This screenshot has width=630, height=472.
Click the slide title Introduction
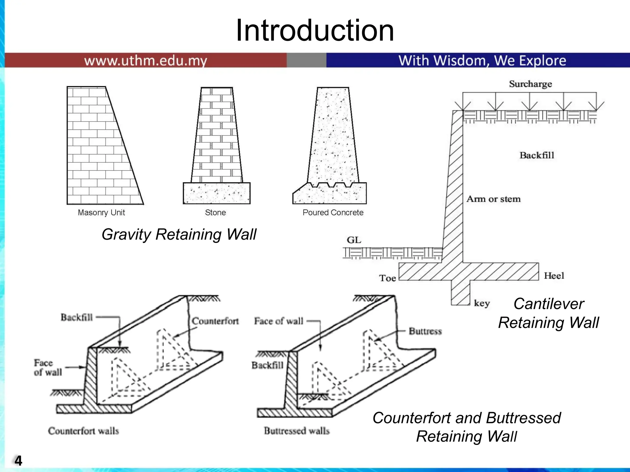click(x=314, y=30)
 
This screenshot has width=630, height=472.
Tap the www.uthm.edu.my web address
click(x=146, y=61)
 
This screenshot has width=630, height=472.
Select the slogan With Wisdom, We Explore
click(x=482, y=61)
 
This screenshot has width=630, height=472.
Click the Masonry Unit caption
click(x=101, y=213)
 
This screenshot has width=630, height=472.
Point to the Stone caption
click(x=215, y=213)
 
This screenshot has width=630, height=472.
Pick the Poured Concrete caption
click(x=333, y=213)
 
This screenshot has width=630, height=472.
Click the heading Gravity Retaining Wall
click(x=179, y=234)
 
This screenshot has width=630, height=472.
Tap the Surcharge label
click(x=530, y=84)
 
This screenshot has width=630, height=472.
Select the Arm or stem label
click(x=493, y=199)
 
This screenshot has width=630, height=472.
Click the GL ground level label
click(x=354, y=240)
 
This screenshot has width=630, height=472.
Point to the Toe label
click(x=387, y=278)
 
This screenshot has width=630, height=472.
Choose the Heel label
click(x=554, y=276)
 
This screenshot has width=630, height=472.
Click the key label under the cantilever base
click(x=481, y=303)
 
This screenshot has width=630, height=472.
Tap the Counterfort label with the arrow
click(x=215, y=321)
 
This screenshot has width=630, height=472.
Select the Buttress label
click(x=425, y=331)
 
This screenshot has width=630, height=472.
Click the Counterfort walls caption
click(x=83, y=431)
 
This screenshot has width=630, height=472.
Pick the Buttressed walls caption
click(x=297, y=431)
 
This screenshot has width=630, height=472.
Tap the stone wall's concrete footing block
click(x=217, y=193)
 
